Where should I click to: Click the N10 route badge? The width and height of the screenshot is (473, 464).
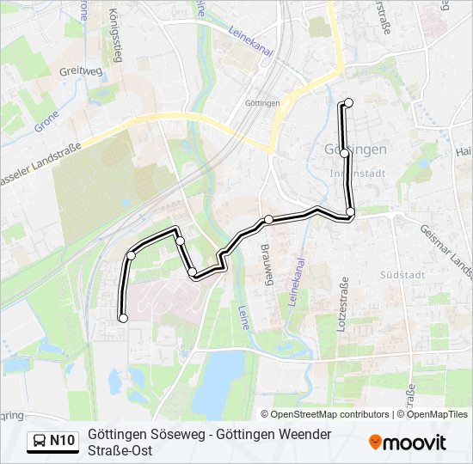tap(62, 442)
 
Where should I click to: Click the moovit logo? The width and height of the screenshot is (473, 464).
tap(408, 443)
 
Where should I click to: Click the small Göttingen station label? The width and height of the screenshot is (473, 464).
tap(262, 104)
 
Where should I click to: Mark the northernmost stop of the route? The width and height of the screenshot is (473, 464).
tap(348, 103)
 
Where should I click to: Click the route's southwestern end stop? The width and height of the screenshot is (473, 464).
tap(122, 318)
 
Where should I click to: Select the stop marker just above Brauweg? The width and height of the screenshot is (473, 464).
tap(268, 220)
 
